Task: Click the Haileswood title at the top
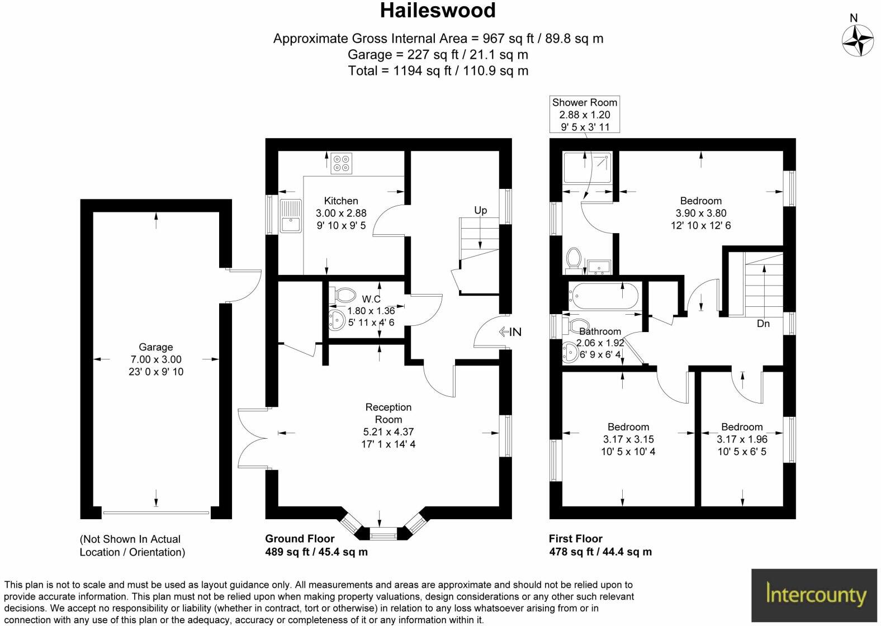click(x=438, y=11)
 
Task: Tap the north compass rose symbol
click(x=858, y=41)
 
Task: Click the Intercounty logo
click(x=814, y=595)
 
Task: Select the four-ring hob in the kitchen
click(x=341, y=163)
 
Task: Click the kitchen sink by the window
click(x=290, y=216)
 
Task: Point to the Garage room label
click(x=155, y=347)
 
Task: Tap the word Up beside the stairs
click(x=480, y=210)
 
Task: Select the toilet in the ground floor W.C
click(x=345, y=295)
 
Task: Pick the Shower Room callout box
click(x=585, y=114)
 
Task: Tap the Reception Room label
click(x=388, y=413)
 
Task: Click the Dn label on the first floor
click(x=762, y=324)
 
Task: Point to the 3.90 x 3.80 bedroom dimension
click(x=700, y=213)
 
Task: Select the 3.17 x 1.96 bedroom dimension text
click(x=742, y=439)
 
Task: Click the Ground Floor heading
click(x=300, y=539)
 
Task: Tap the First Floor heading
click(x=575, y=539)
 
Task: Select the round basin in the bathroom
click(x=571, y=352)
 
